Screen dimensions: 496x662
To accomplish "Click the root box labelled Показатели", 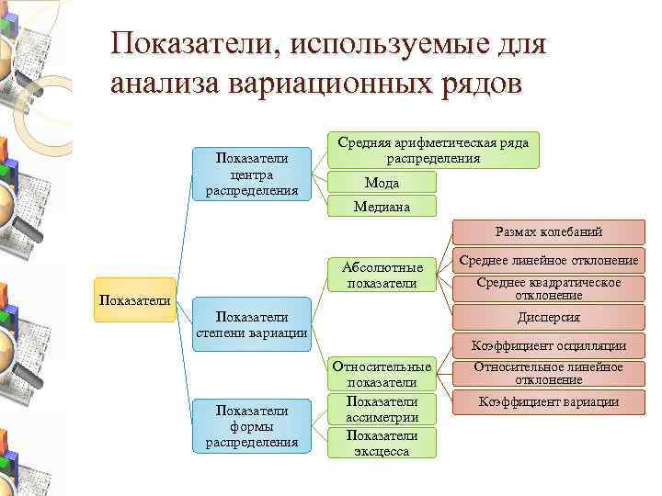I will [x=135, y=300].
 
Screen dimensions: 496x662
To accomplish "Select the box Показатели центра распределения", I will [x=252, y=175].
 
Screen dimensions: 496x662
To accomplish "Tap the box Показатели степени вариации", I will [x=252, y=324].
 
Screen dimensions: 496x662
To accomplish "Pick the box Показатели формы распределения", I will [x=252, y=427].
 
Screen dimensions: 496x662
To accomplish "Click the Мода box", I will [x=382, y=183].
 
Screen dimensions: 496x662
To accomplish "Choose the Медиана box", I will [x=382, y=207].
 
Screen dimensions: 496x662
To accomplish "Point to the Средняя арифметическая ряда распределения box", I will [x=433, y=150].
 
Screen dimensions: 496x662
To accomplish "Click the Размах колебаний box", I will [x=549, y=233].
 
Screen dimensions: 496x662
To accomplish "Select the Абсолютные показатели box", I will [x=382, y=275].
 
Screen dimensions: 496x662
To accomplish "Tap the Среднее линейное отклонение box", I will [x=549, y=261].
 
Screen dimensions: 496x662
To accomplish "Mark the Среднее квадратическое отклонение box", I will [x=549, y=288].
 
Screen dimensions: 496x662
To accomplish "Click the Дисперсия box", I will [x=549, y=317].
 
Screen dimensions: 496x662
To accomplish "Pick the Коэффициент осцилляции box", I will [x=549, y=345].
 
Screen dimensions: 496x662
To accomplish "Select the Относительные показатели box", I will [x=382, y=374].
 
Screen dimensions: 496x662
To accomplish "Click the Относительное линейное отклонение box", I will [x=549, y=373].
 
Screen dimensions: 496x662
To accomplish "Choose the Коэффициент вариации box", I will [x=549, y=401].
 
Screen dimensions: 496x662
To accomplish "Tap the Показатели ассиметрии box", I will [x=382, y=409].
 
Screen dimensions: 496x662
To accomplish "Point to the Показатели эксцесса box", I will [x=382, y=443].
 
